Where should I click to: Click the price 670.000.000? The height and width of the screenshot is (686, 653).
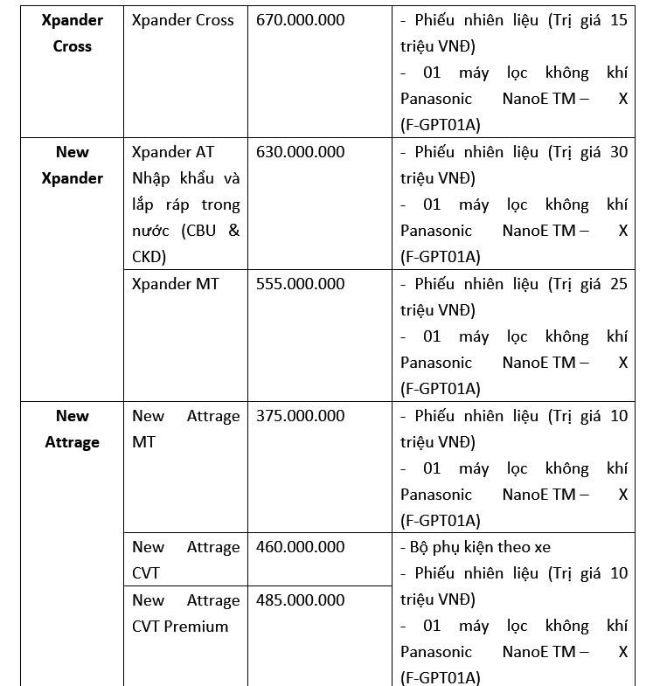click(x=300, y=20)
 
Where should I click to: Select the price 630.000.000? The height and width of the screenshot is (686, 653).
click(x=300, y=152)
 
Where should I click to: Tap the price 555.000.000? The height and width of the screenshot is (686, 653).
click(x=300, y=284)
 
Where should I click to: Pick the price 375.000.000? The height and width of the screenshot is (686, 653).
click(x=300, y=416)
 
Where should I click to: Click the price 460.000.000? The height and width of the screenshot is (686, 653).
click(x=300, y=547)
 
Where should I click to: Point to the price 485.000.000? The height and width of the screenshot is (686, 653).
click(x=300, y=600)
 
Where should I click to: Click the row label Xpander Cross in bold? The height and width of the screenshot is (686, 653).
click(x=72, y=33)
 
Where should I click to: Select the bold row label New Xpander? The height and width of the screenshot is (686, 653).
click(x=72, y=165)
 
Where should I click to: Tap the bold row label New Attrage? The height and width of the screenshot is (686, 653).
click(x=72, y=429)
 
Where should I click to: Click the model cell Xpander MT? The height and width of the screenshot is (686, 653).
click(x=176, y=284)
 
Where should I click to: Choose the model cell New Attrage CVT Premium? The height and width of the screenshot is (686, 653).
click(x=185, y=613)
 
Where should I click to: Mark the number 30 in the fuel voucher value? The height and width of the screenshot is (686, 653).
click(x=618, y=152)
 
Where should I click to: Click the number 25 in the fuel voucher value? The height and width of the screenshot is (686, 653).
click(x=618, y=284)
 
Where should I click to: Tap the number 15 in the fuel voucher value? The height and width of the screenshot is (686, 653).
click(x=618, y=20)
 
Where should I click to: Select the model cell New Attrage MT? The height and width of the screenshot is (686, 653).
click(x=185, y=429)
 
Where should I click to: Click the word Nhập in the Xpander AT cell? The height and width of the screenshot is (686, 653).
click(x=154, y=178)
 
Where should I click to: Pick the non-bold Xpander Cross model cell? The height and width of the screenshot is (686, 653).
click(x=183, y=20)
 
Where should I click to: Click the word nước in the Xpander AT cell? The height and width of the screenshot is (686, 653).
click(x=152, y=231)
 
